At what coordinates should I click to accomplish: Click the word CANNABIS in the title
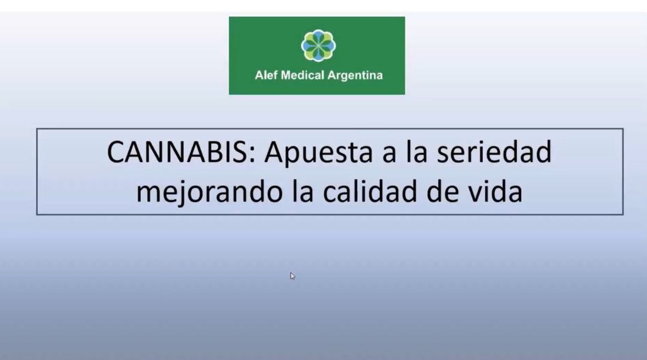181,152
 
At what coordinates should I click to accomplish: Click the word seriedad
494,152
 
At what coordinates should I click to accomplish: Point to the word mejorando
209,192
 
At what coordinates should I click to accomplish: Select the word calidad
370,191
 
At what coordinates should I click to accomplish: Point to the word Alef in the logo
266,75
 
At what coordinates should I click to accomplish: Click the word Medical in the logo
303,75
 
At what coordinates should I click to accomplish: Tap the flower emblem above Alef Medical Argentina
318,46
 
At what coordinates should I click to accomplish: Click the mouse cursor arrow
292,276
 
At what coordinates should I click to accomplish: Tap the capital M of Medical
286,75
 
